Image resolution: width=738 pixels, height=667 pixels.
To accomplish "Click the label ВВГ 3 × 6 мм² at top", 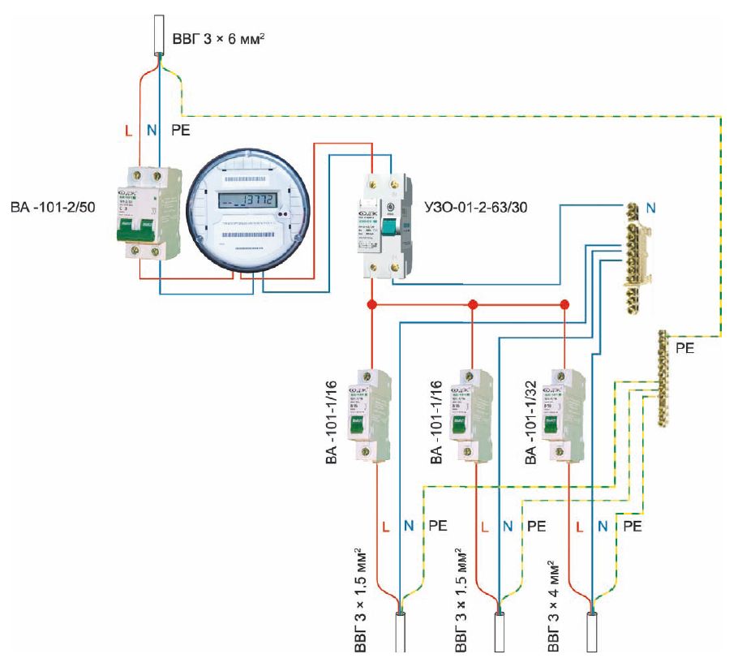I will [x=219, y=38].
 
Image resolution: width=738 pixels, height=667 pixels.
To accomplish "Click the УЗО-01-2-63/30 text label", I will [x=476, y=209].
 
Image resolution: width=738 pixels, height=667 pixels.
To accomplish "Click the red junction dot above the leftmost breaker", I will [x=372, y=305].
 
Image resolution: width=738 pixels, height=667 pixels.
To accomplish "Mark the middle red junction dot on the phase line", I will [x=473, y=305].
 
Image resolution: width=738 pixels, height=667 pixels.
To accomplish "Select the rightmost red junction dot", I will [x=565, y=305].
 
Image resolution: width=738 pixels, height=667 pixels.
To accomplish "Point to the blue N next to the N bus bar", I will [x=651, y=209].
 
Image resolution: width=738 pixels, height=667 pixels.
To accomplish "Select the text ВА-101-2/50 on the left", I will [x=54, y=209].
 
